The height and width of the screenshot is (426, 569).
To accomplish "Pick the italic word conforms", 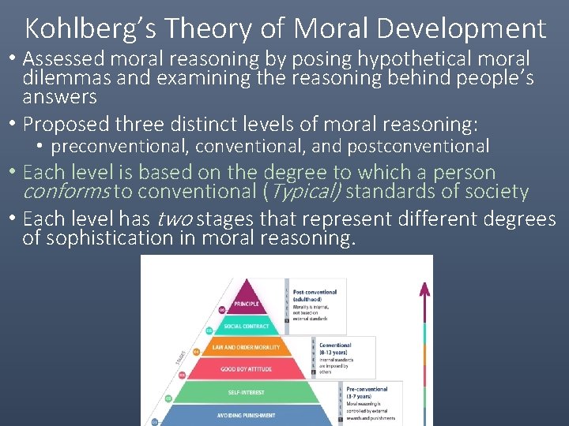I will tap(66, 192).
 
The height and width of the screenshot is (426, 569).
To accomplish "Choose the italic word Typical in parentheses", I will tap(307, 192).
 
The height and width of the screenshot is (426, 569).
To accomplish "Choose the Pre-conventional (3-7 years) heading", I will tap(366, 393).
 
